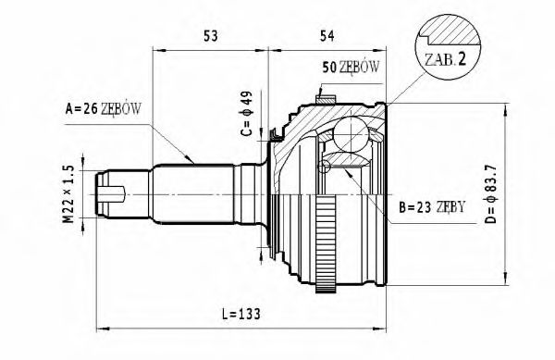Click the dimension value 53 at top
pyautogui.click(x=211, y=36)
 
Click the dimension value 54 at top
pyautogui.click(x=326, y=36)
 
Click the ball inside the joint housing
pyautogui.click(x=350, y=135)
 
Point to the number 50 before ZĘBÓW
pyautogui.click(x=328, y=68)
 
